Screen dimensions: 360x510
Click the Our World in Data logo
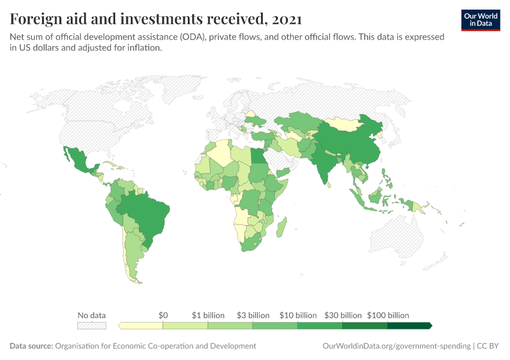480,20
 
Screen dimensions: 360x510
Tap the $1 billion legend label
208,315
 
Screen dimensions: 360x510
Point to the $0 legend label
163,315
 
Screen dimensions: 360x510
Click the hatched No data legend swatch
91,326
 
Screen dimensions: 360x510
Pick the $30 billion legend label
343,315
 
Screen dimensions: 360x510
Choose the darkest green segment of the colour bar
409,326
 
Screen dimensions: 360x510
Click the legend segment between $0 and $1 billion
185,326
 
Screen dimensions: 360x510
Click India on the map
323,162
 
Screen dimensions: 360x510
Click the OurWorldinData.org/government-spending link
397,346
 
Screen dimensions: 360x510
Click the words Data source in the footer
31,346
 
